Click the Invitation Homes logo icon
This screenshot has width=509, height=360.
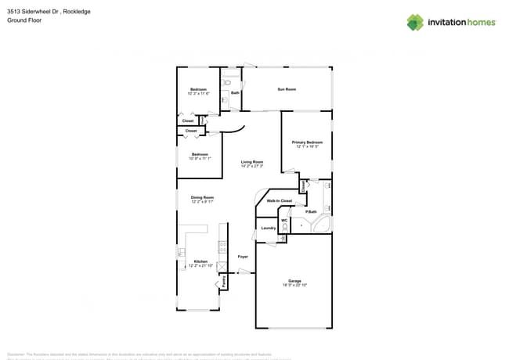click(414, 22)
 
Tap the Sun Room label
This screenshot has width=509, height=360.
click(287, 89)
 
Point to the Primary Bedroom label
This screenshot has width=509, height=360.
click(307, 142)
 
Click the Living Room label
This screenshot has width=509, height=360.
click(251, 161)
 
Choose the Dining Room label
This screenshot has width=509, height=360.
click(202, 197)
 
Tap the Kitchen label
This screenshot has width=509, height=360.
click(201, 261)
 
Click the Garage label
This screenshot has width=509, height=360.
click(294, 280)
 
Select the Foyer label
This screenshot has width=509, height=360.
click(243, 256)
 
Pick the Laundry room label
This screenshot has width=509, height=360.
click(267, 228)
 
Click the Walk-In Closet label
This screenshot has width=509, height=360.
click(279, 201)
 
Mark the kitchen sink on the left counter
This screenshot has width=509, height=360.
click(181, 252)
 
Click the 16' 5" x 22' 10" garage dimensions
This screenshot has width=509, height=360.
click(294, 285)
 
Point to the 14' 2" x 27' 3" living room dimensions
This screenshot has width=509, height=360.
click(251, 166)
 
